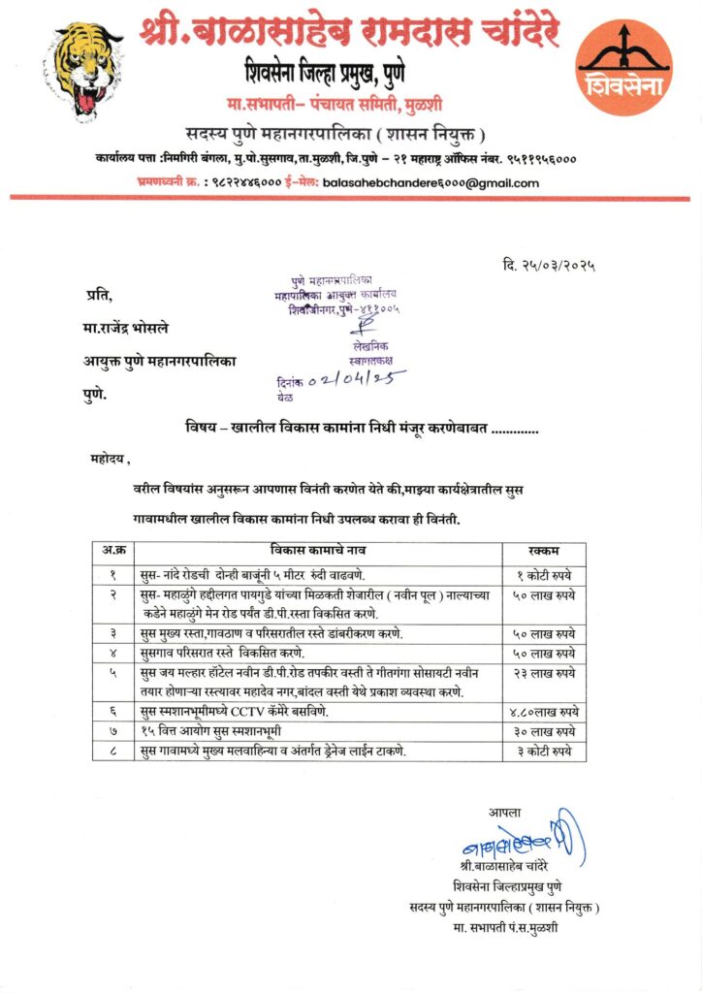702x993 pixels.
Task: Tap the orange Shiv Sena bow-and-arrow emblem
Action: point(624,67)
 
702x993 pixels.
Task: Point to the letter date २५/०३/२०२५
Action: point(549,264)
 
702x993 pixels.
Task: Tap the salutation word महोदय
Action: point(107,459)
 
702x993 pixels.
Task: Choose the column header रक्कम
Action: point(544,550)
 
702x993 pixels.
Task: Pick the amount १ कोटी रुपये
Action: point(545,574)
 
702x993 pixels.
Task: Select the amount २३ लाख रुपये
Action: point(543,673)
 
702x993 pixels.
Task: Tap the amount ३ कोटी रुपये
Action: point(544,752)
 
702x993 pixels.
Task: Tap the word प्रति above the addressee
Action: point(98,296)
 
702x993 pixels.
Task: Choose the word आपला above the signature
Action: point(504,812)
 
